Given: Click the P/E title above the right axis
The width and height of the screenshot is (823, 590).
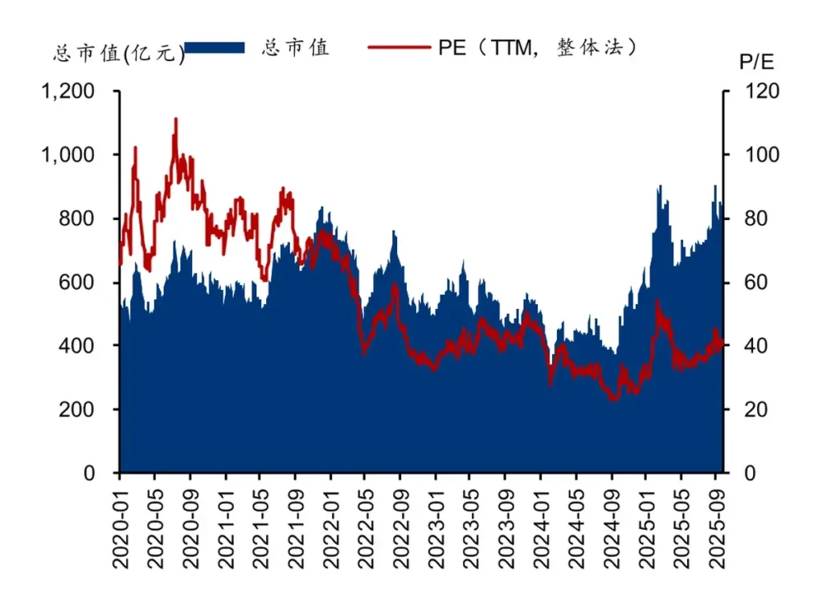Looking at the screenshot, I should tap(756, 62).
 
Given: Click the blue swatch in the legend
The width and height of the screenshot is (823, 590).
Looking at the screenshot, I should tap(215, 48).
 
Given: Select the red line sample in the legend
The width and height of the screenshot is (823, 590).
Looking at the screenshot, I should tap(399, 48).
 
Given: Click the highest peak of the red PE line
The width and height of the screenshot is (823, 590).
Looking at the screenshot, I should tap(175, 120).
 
